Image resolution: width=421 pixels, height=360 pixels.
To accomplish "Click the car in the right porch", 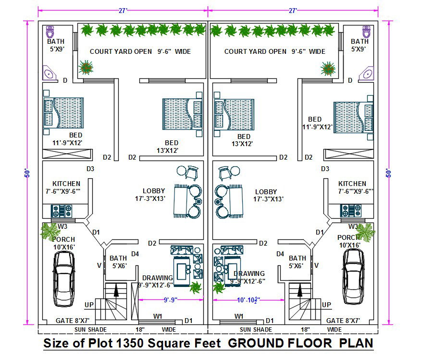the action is click(354, 276).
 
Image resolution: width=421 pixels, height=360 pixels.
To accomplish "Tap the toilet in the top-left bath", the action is click(50, 31).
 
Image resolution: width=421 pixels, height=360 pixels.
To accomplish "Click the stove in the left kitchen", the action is click(62, 211).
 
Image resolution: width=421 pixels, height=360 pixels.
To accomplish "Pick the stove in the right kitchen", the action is click(351, 211).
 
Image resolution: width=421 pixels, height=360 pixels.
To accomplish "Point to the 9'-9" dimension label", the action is click(171, 299).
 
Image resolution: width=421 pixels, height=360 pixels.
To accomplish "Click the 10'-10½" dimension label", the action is click(248, 299).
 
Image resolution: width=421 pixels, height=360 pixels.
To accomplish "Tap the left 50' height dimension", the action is click(27, 173).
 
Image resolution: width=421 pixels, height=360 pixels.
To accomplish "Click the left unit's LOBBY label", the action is click(154, 191).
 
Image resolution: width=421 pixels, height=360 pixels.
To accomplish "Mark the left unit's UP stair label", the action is click(89, 305).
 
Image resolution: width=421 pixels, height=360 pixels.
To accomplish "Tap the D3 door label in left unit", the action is click(90, 169).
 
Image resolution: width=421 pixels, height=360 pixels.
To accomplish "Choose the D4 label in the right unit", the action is click(280, 254).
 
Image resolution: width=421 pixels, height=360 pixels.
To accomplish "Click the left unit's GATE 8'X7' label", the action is click(73, 321).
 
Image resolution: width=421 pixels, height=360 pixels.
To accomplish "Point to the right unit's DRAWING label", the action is click(249, 273).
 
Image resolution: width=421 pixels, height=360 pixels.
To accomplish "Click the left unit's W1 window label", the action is click(158, 317).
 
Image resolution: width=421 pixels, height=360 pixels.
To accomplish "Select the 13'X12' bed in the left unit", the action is click(182, 114).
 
